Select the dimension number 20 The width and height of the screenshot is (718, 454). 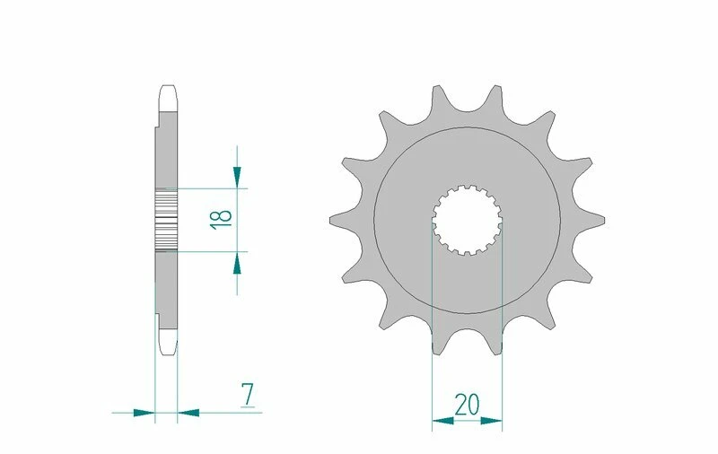click(467, 405)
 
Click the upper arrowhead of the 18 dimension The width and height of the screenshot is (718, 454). click(237, 177)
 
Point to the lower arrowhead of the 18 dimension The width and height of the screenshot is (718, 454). click(237, 263)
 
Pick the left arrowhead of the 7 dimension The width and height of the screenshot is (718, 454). click(144, 413)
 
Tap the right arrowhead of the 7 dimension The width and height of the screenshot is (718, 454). click(188, 413)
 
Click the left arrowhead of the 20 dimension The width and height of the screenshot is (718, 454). click(442, 418)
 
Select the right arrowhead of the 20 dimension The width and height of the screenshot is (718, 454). click(491, 418)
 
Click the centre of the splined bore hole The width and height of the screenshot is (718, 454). click(467, 220)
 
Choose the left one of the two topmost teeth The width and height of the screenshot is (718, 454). click(437, 94)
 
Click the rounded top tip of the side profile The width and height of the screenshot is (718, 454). click(168, 90)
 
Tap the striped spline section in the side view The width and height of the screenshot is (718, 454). click(168, 220)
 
